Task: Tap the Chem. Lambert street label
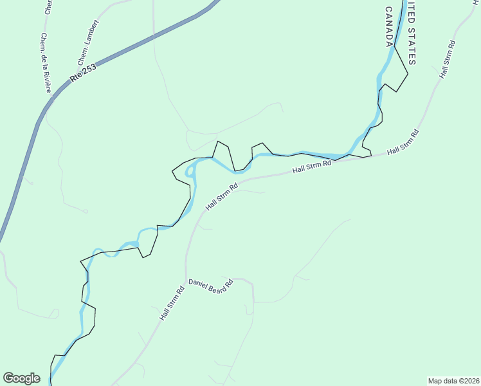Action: pyautogui.click(x=88, y=42)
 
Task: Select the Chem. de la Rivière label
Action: pyautogui.click(x=46, y=63)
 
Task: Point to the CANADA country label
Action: pyautogui.click(x=389, y=26)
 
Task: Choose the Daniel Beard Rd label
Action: pyautogui.click(x=210, y=286)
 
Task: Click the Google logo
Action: pyautogui.click(x=21, y=378)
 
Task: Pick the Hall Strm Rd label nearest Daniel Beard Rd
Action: pyautogui.click(x=172, y=304)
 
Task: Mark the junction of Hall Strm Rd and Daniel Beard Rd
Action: pyautogui.click(x=186, y=279)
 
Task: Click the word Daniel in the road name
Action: pyautogui.click(x=197, y=284)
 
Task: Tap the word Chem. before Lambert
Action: pyautogui.click(x=82, y=57)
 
